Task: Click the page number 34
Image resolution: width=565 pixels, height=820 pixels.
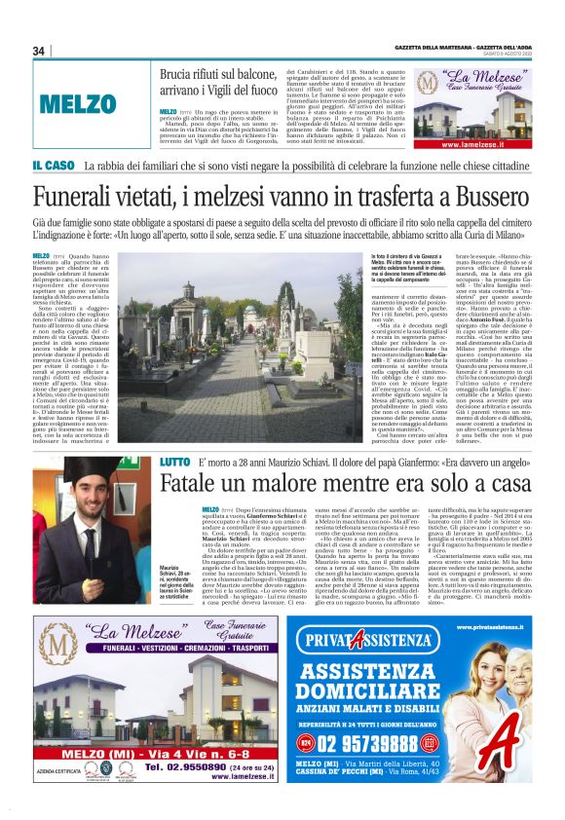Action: point(39,51)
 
